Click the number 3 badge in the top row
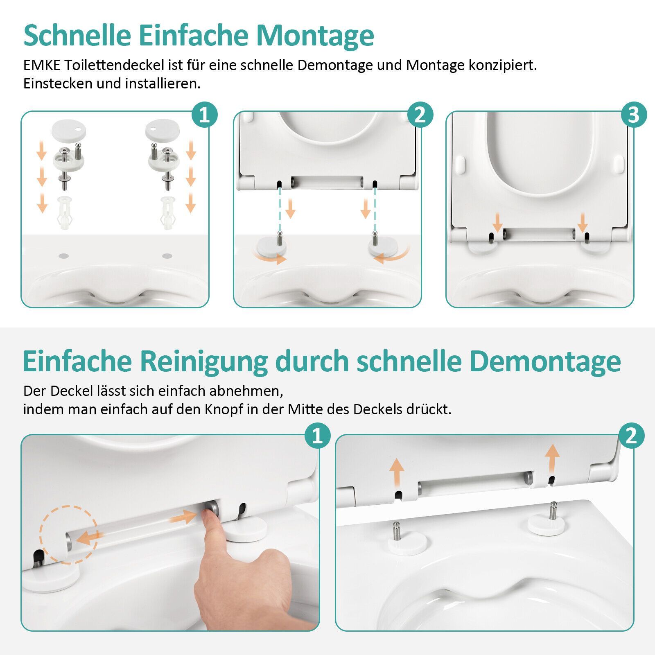click(x=633, y=115)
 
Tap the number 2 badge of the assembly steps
click(x=420, y=115)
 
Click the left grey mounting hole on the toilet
click(x=63, y=256)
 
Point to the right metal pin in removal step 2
click(x=553, y=510)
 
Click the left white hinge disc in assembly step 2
click(x=271, y=247)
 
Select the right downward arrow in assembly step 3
click(x=583, y=222)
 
